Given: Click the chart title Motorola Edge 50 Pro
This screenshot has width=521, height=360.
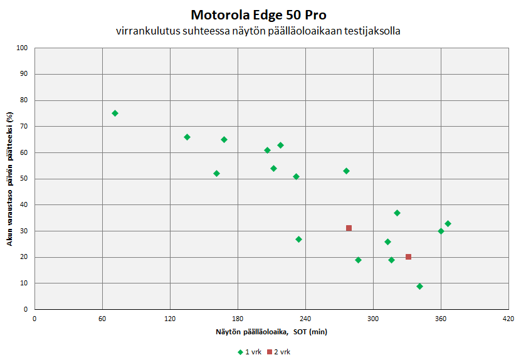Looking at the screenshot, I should pyautogui.click(x=260, y=14).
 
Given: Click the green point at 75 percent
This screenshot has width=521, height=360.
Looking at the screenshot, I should pyautogui.click(x=115, y=114).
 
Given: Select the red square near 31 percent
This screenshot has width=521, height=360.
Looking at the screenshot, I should pyautogui.click(x=349, y=228).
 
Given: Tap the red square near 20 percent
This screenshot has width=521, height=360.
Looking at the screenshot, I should pyautogui.click(x=408, y=257).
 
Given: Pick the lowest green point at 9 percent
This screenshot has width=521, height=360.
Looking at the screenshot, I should pyautogui.click(x=419, y=286).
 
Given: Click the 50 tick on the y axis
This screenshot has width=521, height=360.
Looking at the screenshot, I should pyautogui.click(x=24, y=179).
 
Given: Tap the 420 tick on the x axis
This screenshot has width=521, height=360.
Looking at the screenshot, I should pyautogui.click(x=508, y=319).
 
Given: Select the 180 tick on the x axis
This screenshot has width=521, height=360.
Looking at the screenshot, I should pyautogui.click(x=238, y=319).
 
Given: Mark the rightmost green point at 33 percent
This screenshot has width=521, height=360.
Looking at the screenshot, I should pyautogui.click(x=448, y=224).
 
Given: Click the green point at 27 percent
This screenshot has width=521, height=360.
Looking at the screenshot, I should pyautogui.click(x=298, y=240).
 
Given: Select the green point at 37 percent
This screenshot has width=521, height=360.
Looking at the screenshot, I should pyautogui.click(x=397, y=213).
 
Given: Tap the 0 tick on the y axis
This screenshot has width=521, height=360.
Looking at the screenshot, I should pyautogui.click(x=26, y=309).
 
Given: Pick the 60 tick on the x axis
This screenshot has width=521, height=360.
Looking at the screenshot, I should pyautogui.click(x=102, y=319).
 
